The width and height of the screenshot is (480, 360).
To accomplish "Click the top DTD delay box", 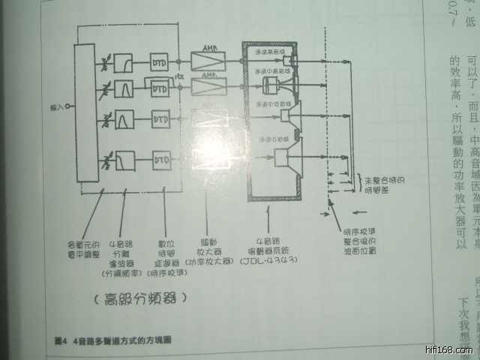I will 160,60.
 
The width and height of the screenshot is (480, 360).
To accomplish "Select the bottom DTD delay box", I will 160,160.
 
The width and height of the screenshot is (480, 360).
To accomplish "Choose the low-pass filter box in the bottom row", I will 125,160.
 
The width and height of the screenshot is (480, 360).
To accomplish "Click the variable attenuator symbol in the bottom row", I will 108,160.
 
